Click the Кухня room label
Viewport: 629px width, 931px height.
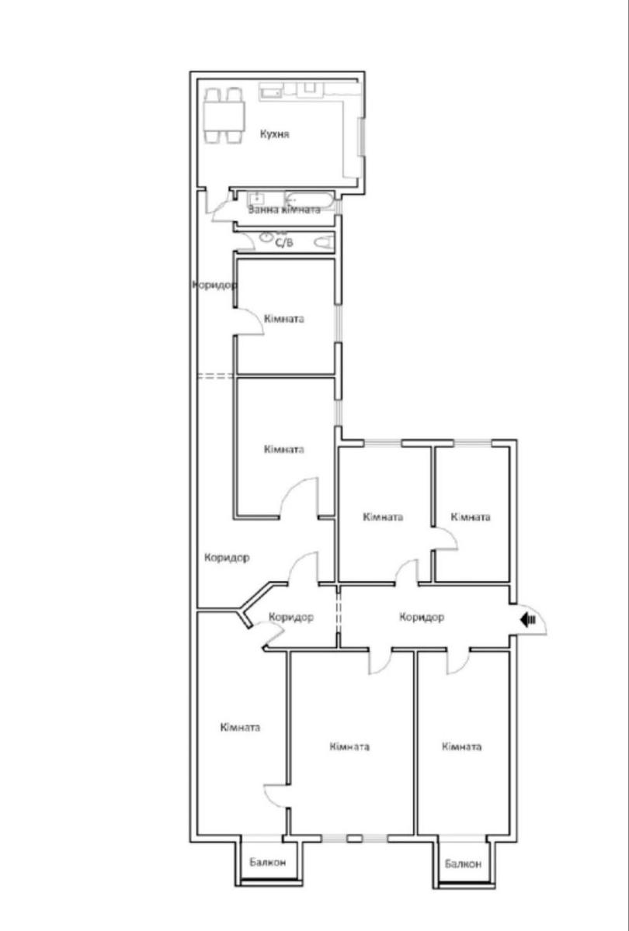pos(275,134)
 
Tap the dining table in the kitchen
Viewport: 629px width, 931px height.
pos(224,116)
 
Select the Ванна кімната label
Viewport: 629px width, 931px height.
pos(284,209)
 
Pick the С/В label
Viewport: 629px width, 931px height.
pos(284,243)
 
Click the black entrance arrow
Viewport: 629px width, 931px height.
pos(528,620)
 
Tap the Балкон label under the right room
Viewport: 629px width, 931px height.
pos(463,864)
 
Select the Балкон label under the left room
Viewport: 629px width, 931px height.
pos(267,863)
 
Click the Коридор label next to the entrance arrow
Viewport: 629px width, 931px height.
pos(422,618)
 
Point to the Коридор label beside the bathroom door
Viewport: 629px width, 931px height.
pos(214,286)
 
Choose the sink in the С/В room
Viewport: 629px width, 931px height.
pos(265,237)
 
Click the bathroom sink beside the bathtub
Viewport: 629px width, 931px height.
pos(255,198)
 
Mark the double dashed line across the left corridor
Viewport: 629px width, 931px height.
pos(214,376)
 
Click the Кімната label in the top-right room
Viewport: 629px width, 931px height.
pos(471,517)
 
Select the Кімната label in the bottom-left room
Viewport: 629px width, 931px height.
pos(240,728)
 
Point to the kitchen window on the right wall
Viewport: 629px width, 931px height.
pos(362,137)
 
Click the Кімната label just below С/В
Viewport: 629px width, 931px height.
pos(284,319)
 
